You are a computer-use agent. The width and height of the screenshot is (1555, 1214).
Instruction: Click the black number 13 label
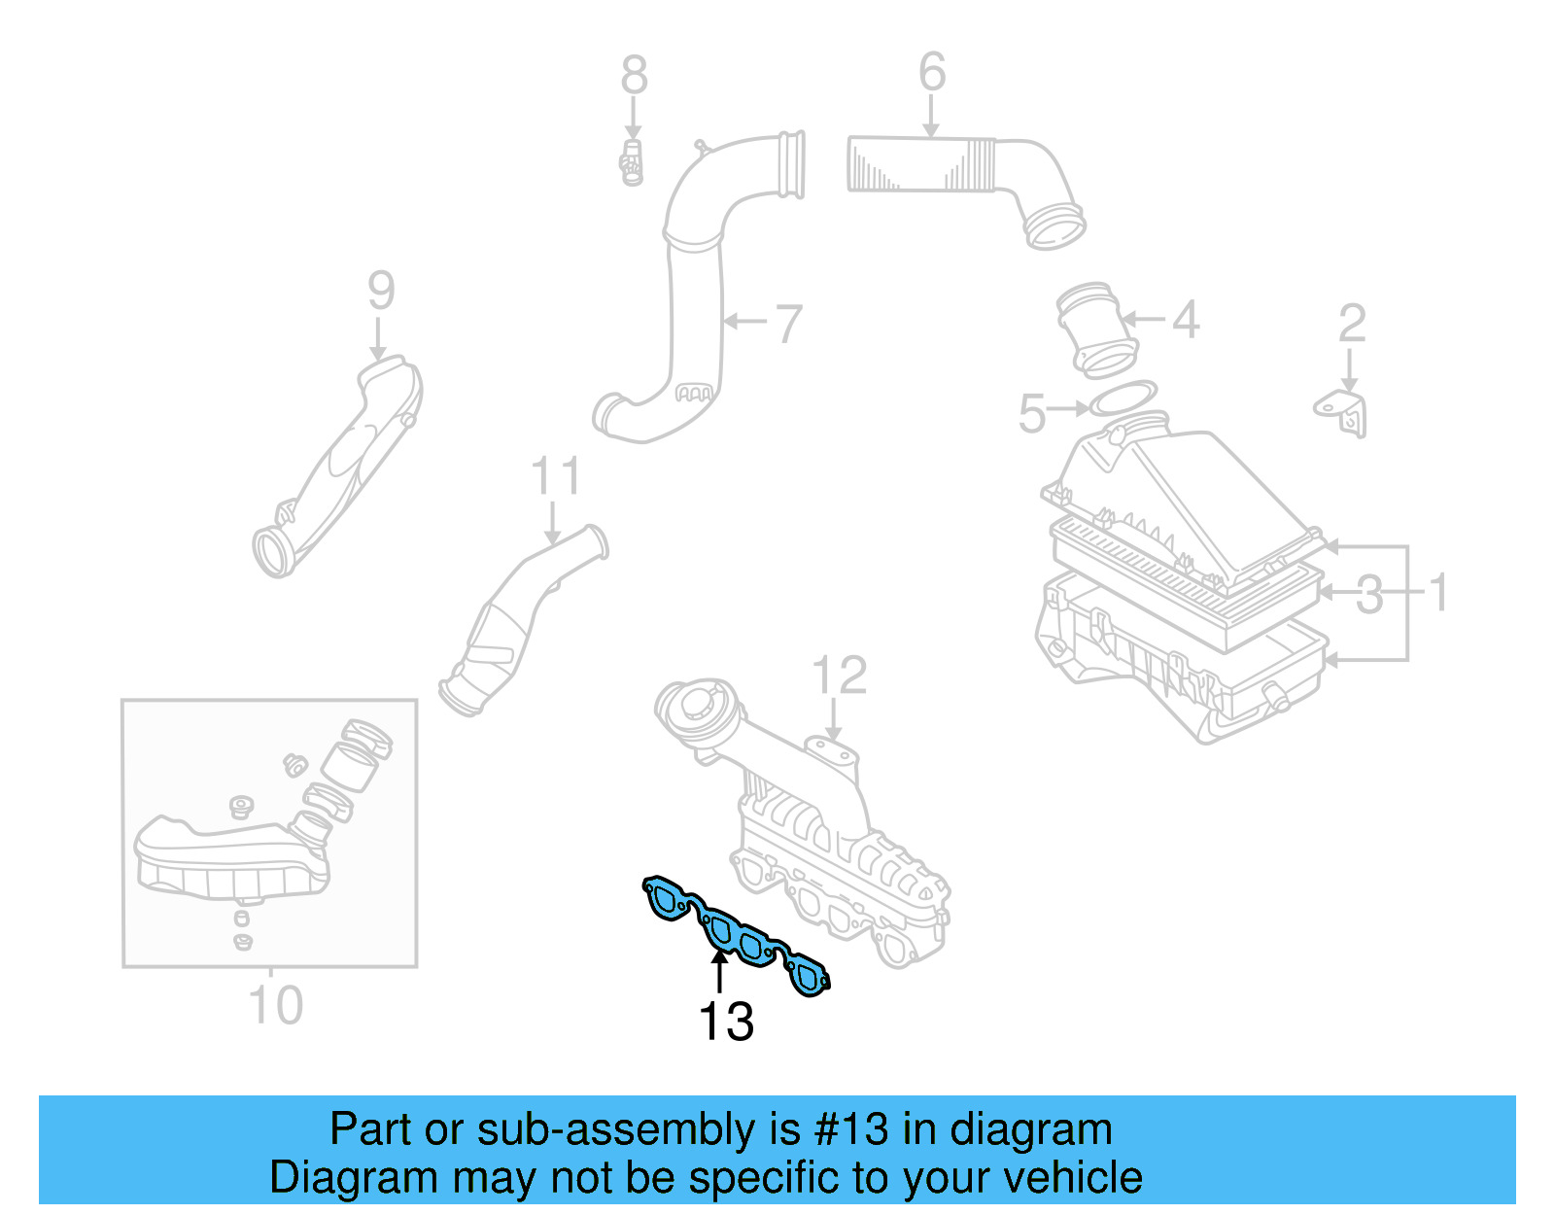tap(726, 1022)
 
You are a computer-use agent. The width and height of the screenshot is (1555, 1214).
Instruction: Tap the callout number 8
tap(634, 75)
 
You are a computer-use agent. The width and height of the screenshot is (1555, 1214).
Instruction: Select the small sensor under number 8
tap(632, 162)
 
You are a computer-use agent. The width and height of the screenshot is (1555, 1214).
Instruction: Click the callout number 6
tap(931, 72)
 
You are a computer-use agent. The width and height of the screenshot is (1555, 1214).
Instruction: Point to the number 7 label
tap(788, 324)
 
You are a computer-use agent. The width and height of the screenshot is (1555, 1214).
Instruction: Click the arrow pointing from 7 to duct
tap(745, 321)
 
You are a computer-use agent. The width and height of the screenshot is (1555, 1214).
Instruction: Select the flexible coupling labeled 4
tap(1095, 329)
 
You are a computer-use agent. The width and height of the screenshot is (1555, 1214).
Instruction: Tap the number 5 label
tap(1031, 413)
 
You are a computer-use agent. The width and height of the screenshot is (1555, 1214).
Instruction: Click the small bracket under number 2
tap(1344, 412)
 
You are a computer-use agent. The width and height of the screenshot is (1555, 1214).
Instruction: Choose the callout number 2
tap(1352, 324)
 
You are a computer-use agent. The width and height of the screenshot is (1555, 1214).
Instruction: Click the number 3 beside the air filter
tap(1369, 594)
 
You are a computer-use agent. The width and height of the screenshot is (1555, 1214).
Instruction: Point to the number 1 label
tap(1439, 592)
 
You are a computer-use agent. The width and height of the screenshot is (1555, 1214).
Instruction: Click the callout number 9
tap(381, 290)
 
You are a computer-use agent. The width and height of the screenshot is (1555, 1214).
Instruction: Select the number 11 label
tap(555, 477)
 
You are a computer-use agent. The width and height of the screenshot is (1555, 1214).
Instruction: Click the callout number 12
tap(839, 675)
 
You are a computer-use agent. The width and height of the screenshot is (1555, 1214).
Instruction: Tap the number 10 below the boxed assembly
tap(276, 1005)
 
